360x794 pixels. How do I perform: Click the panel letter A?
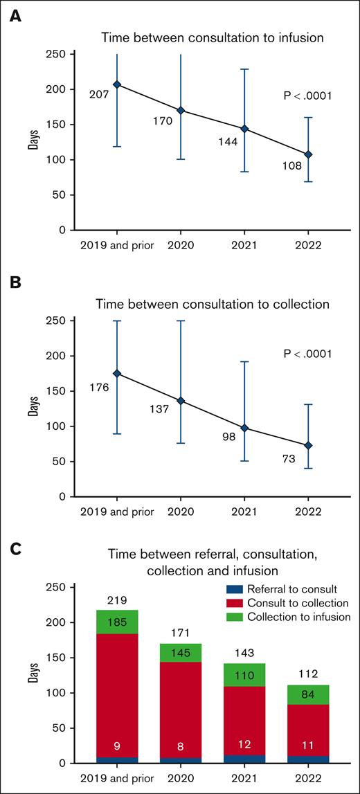(15, 15)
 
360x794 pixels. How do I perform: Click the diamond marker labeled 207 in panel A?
(117, 84)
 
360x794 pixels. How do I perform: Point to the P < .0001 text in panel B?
(298, 354)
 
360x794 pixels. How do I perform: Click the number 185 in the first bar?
(117, 622)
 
